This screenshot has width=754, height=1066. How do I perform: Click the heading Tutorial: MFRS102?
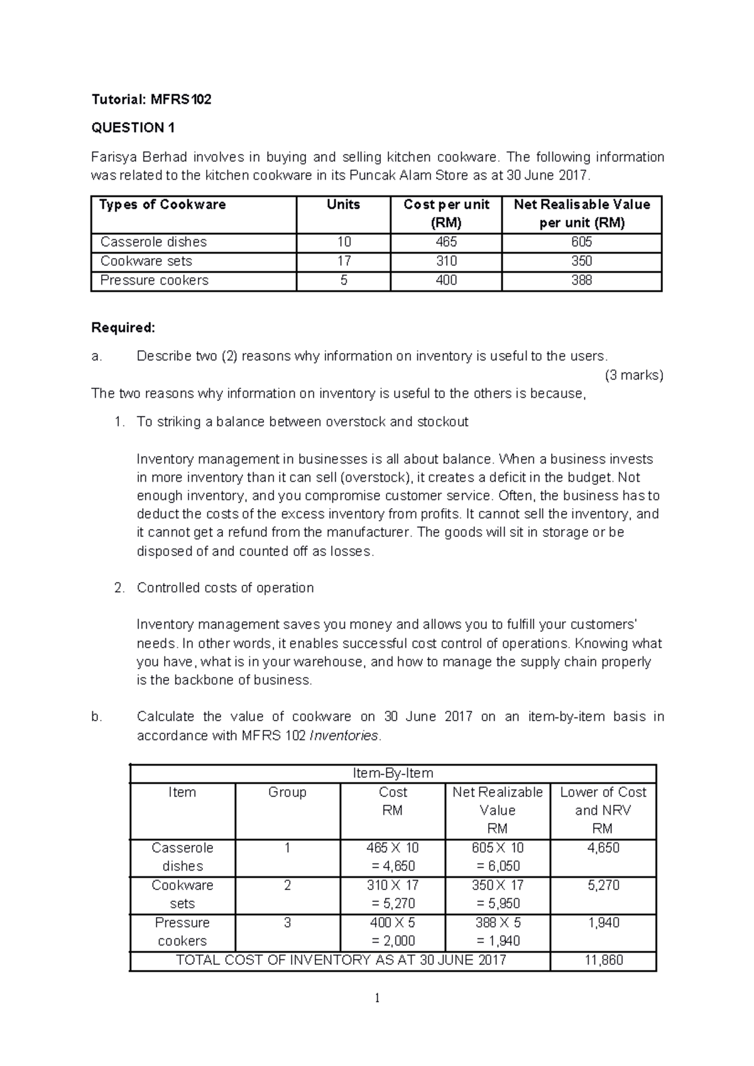(x=151, y=99)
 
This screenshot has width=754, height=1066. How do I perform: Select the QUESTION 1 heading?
(x=133, y=128)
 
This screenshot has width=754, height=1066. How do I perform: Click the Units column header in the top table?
(x=343, y=205)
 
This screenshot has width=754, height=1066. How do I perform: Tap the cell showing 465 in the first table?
(x=446, y=242)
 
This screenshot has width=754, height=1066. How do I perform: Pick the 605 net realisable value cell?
(x=582, y=242)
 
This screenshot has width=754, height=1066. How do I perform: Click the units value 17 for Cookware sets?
(x=343, y=261)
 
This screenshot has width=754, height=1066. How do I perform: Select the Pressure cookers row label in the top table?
(x=155, y=280)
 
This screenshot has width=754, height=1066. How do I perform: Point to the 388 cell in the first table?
(x=582, y=280)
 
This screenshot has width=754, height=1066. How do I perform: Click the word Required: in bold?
(x=123, y=328)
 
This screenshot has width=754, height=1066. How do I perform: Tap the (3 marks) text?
(x=633, y=376)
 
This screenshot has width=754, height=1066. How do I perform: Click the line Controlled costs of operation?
(x=225, y=588)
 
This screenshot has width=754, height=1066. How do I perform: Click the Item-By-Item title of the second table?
(x=393, y=773)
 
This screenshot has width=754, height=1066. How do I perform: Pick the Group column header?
(x=287, y=793)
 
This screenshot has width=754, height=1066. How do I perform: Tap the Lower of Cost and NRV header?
(x=603, y=810)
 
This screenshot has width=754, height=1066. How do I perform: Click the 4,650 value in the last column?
(x=603, y=848)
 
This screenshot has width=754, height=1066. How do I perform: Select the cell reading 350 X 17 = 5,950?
(x=498, y=894)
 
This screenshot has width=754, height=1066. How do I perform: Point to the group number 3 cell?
(x=287, y=923)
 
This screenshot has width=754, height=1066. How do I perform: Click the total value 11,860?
(x=603, y=960)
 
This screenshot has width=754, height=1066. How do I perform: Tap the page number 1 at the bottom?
(x=377, y=998)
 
